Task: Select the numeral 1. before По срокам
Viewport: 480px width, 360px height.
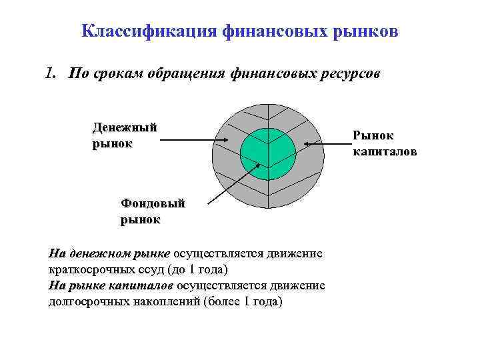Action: tap(52, 73)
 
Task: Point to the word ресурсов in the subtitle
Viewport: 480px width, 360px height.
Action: tap(352, 73)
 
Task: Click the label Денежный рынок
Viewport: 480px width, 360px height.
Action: tap(125, 135)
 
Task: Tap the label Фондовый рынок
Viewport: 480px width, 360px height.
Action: tap(153, 211)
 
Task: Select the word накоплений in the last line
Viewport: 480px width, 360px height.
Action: tap(167, 301)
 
